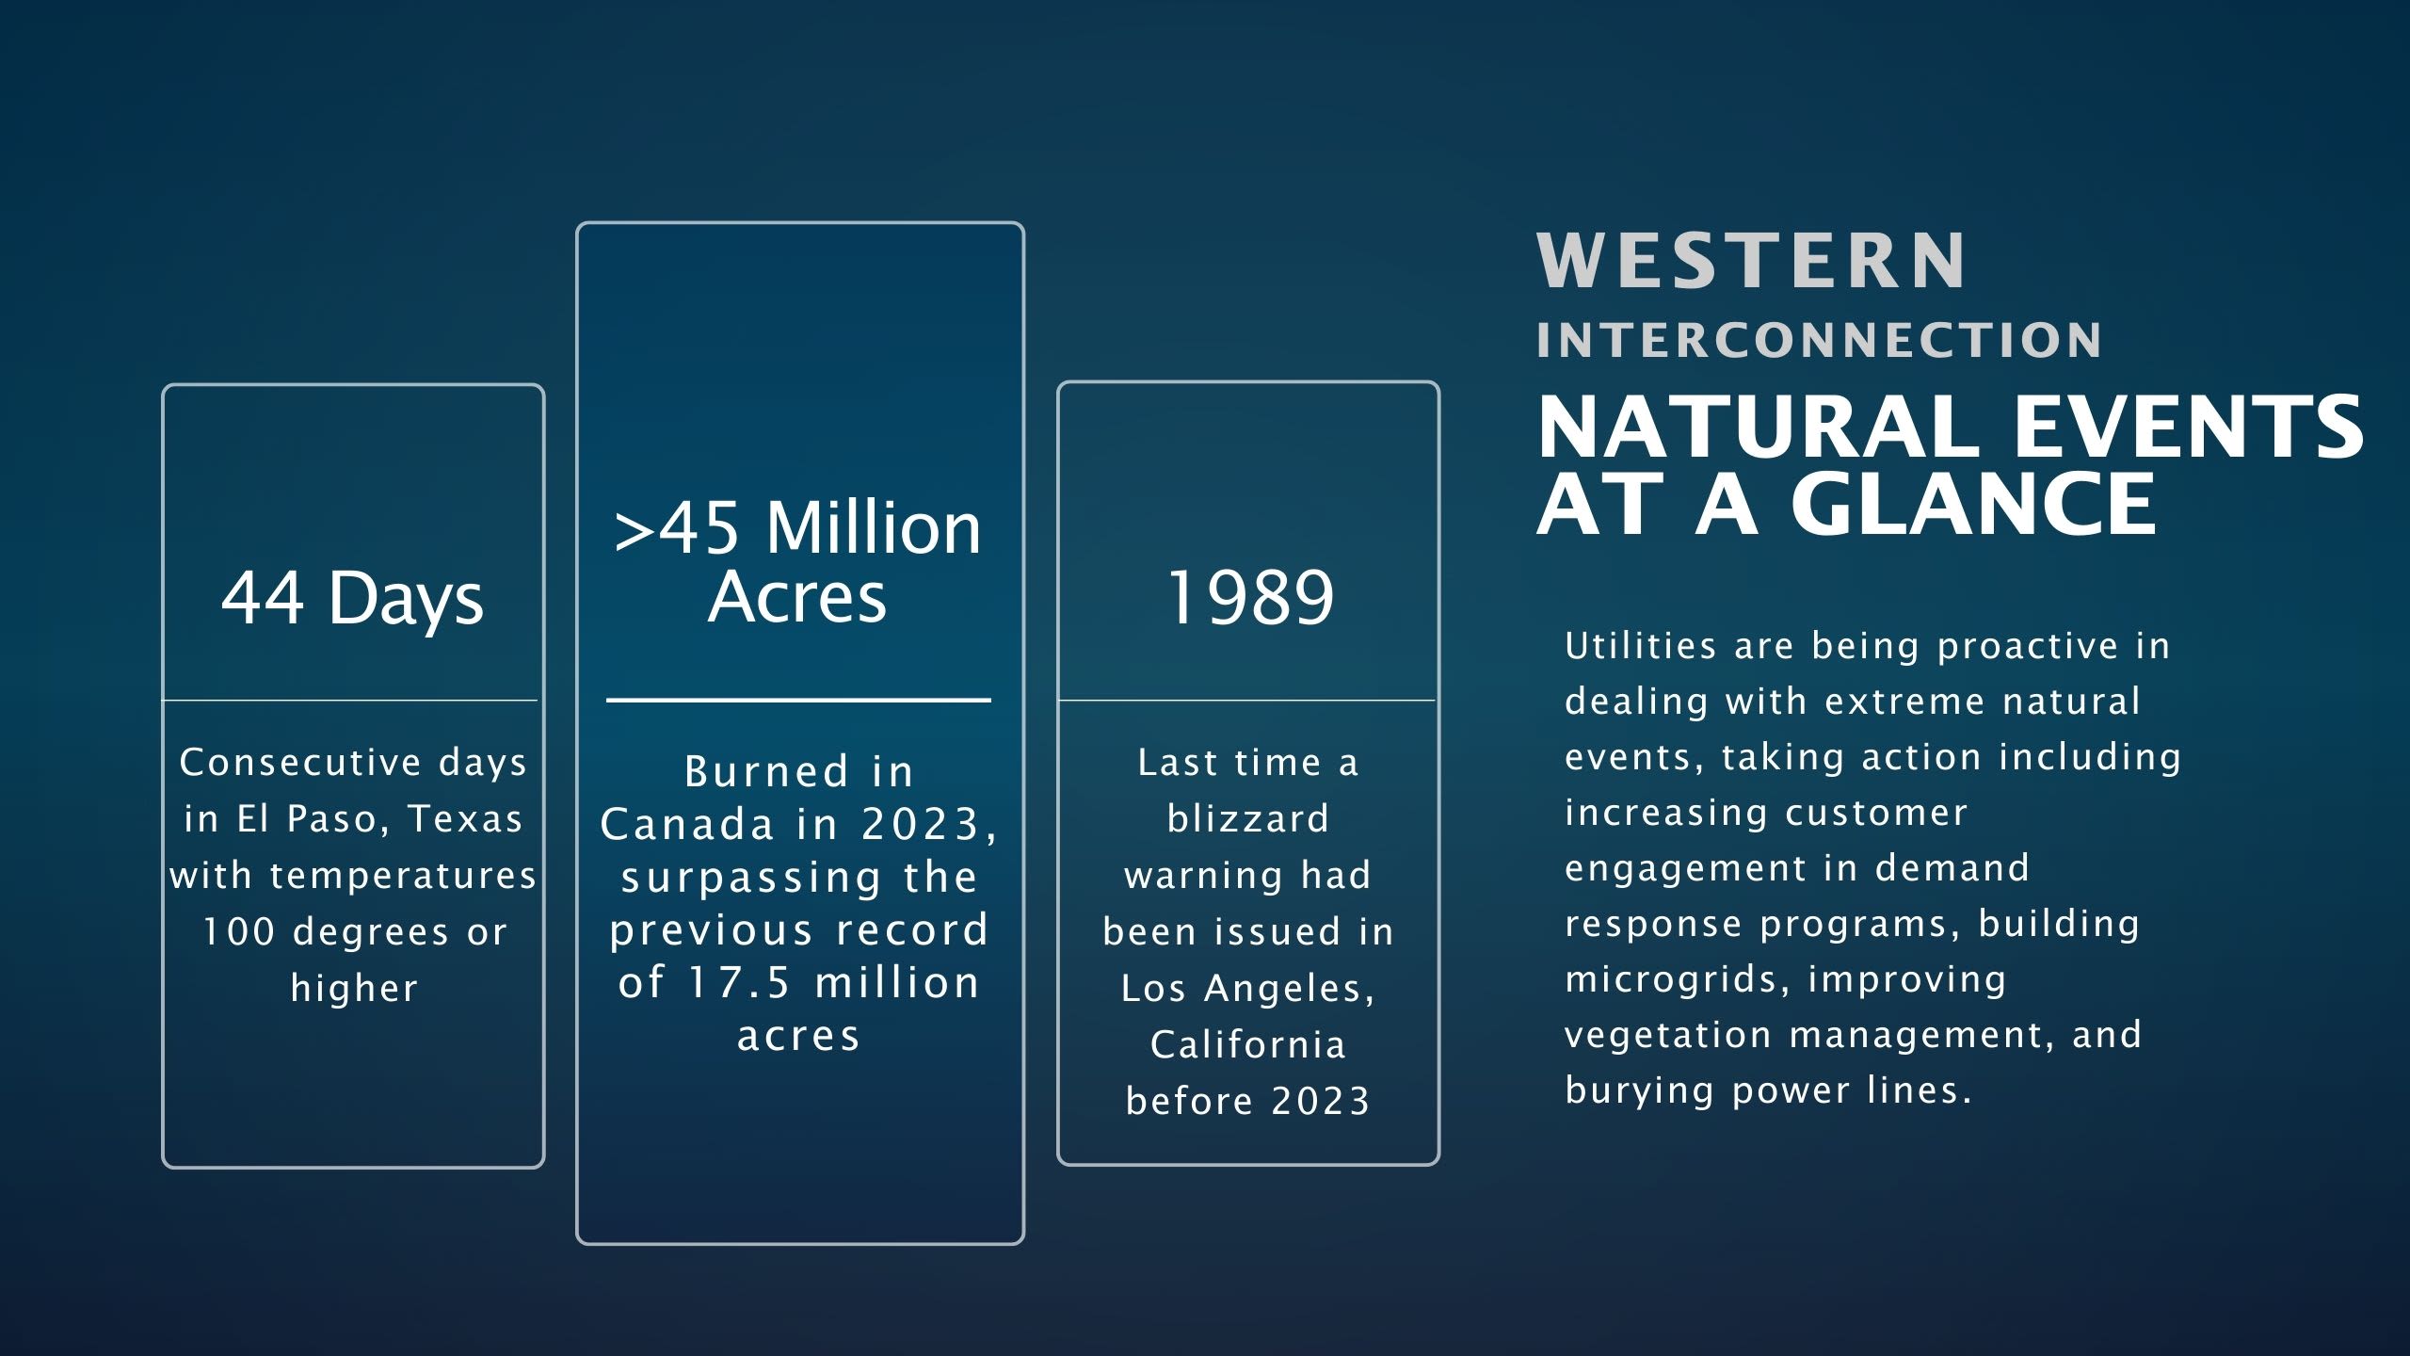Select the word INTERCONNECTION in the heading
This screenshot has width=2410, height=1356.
pos(1819,341)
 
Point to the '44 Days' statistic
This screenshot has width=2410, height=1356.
pos(352,598)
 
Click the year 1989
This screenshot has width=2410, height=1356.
pos(1249,597)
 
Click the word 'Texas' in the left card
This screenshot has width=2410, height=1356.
pos(465,818)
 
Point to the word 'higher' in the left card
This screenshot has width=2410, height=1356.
pos(354,989)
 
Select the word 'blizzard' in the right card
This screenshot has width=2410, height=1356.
pos(1248,818)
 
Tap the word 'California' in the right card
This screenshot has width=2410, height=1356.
pos(1248,1044)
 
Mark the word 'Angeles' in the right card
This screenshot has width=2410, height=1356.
pos(1291,990)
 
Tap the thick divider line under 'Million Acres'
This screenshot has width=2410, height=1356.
pos(798,700)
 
